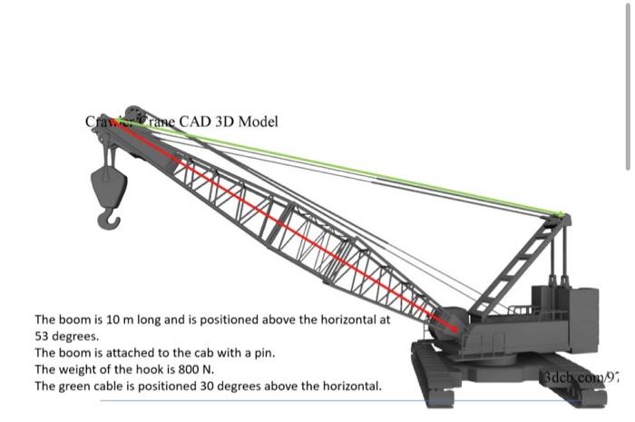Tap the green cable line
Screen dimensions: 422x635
tap(363, 172)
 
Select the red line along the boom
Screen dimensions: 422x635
tap(290, 228)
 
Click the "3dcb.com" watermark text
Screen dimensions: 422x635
tap(571, 376)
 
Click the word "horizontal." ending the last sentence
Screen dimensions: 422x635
tap(349, 386)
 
